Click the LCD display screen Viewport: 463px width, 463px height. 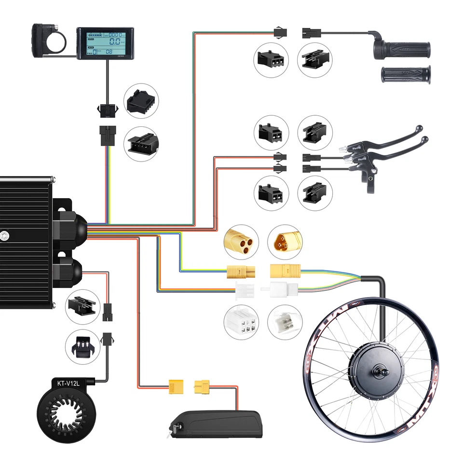click(106, 42)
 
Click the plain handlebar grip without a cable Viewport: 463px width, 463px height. click(406, 74)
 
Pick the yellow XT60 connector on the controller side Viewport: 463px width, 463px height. click(176, 386)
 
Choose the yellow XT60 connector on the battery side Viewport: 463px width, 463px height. click(202, 386)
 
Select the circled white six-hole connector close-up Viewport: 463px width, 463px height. click(242, 321)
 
